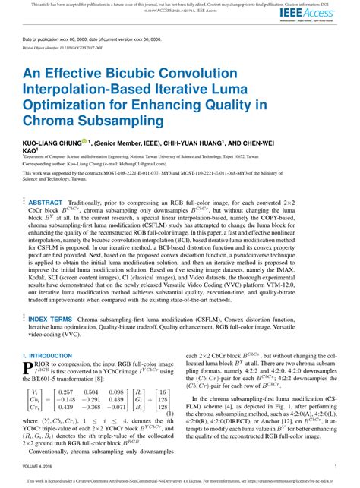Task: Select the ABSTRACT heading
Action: click(46, 224)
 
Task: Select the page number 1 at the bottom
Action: click(335, 466)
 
